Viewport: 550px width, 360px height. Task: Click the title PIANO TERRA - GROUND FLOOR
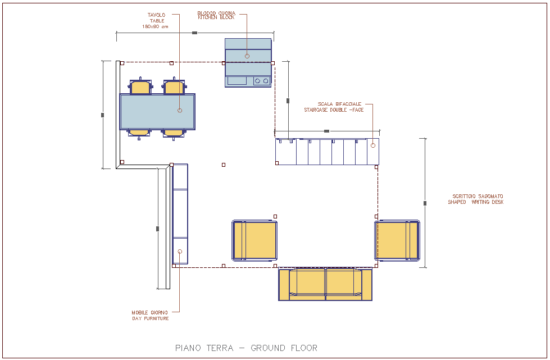tap(246, 348)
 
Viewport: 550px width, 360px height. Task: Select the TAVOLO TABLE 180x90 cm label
tap(156, 21)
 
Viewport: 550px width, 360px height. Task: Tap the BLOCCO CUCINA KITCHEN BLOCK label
tap(216, 15)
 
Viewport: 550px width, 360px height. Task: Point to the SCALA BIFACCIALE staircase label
tap(334, 107)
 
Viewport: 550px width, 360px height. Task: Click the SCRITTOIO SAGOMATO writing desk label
tap(475, 199)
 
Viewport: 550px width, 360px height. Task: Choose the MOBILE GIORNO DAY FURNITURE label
tap(150, 316)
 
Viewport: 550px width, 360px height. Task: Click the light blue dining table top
tap(157, 111)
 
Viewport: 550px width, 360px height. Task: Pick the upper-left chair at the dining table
tap(140, 87)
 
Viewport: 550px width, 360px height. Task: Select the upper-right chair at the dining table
tap(174, 87)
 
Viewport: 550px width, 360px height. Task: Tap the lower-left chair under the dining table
tap(139, 133)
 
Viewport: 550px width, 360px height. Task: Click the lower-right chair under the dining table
tap(174, 133)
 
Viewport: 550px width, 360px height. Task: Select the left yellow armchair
tap(254, 241)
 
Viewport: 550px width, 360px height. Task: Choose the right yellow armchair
tap(397, 240)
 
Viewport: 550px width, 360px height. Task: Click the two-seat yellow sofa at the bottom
tap(325, 284)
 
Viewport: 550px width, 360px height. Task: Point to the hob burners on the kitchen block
tap(261, 81)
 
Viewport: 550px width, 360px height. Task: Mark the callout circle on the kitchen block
tap(247, 56)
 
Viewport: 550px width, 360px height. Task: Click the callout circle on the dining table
tap(180, 111)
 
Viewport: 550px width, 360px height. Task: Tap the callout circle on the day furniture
tap(180, 252)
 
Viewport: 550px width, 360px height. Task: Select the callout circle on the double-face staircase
tap(372, 145)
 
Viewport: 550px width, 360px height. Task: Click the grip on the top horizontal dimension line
tap(194, 33)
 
